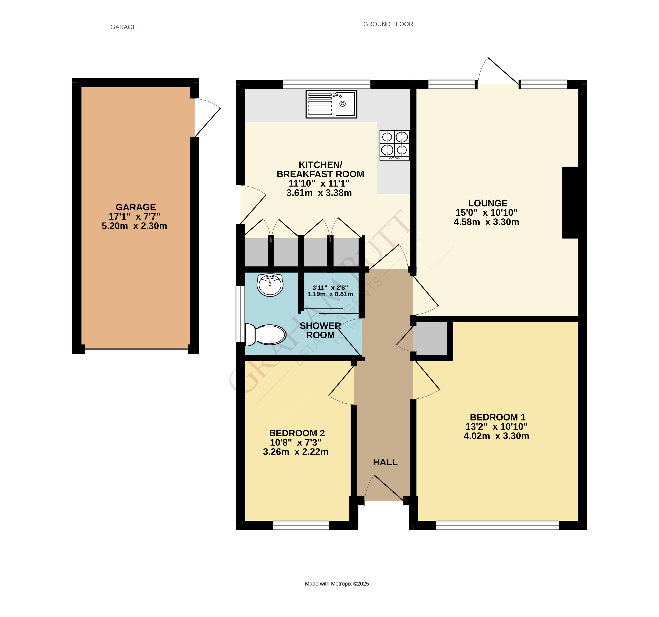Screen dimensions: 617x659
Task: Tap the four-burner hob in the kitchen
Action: [x=394, y=145]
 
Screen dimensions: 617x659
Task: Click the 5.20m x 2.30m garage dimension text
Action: [x=134, y=226]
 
